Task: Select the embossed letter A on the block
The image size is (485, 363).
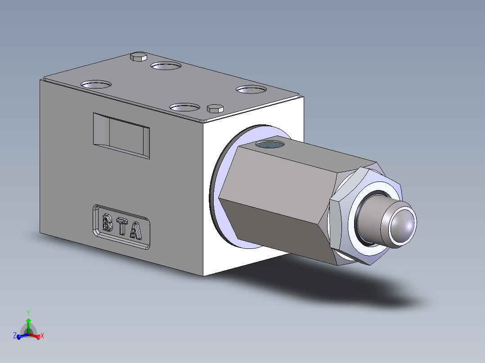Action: tap(136, 230)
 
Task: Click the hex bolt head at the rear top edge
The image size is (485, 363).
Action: tap(138, 57)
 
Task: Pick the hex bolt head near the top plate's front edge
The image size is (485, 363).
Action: tap(215, 108)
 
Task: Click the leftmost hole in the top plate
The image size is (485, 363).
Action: tap(95, 84)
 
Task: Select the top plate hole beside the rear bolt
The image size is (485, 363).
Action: tap(166, 66)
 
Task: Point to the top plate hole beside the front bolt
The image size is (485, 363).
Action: tap(184, 107)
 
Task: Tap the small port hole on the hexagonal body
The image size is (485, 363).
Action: tap(269, 145)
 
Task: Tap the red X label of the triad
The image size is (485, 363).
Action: tap(42, 336)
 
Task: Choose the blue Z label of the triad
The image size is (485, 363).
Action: tap(15, 336)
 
